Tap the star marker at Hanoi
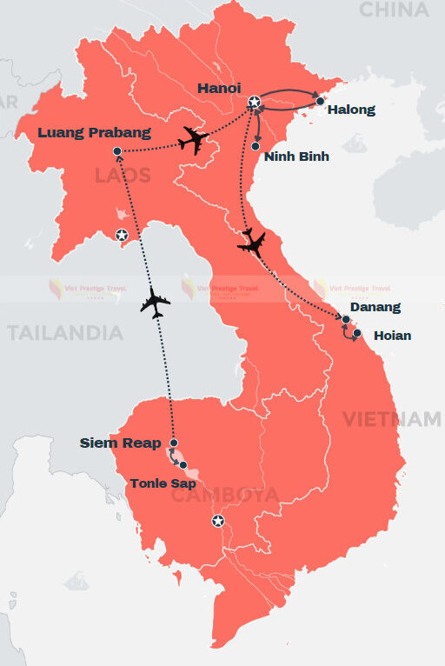pyautogui.click(x=254, y=103)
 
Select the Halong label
pyautogui.click(x=352, y=110)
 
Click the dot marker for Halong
pyautogui.click(x=320, y=102)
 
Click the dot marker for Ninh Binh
pyautogui.click(x=256, y=146)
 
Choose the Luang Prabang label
pyautogui.click(x=95, y=133)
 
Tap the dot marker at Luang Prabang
pyautogui.click(x=117, y=152)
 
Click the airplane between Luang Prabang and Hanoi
pyautogui.click(x=195, y=140)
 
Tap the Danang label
pyautogui.click(x=375, y=307)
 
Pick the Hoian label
pyautogui.click(x=392, y=335)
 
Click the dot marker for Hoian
pyautogui.click(x=358, y=332)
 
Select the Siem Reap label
pyautogui.click(x=120, y=443)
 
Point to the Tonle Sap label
pyautogui.click(x=163, y=483)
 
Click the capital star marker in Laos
pyautogui.click(x=123, y=235)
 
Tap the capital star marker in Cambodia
pyautogui.click(x=217, y=521)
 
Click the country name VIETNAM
pyautogui.click(x=391, y=419)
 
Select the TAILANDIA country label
pyautogui.click(x=65, y=332)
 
